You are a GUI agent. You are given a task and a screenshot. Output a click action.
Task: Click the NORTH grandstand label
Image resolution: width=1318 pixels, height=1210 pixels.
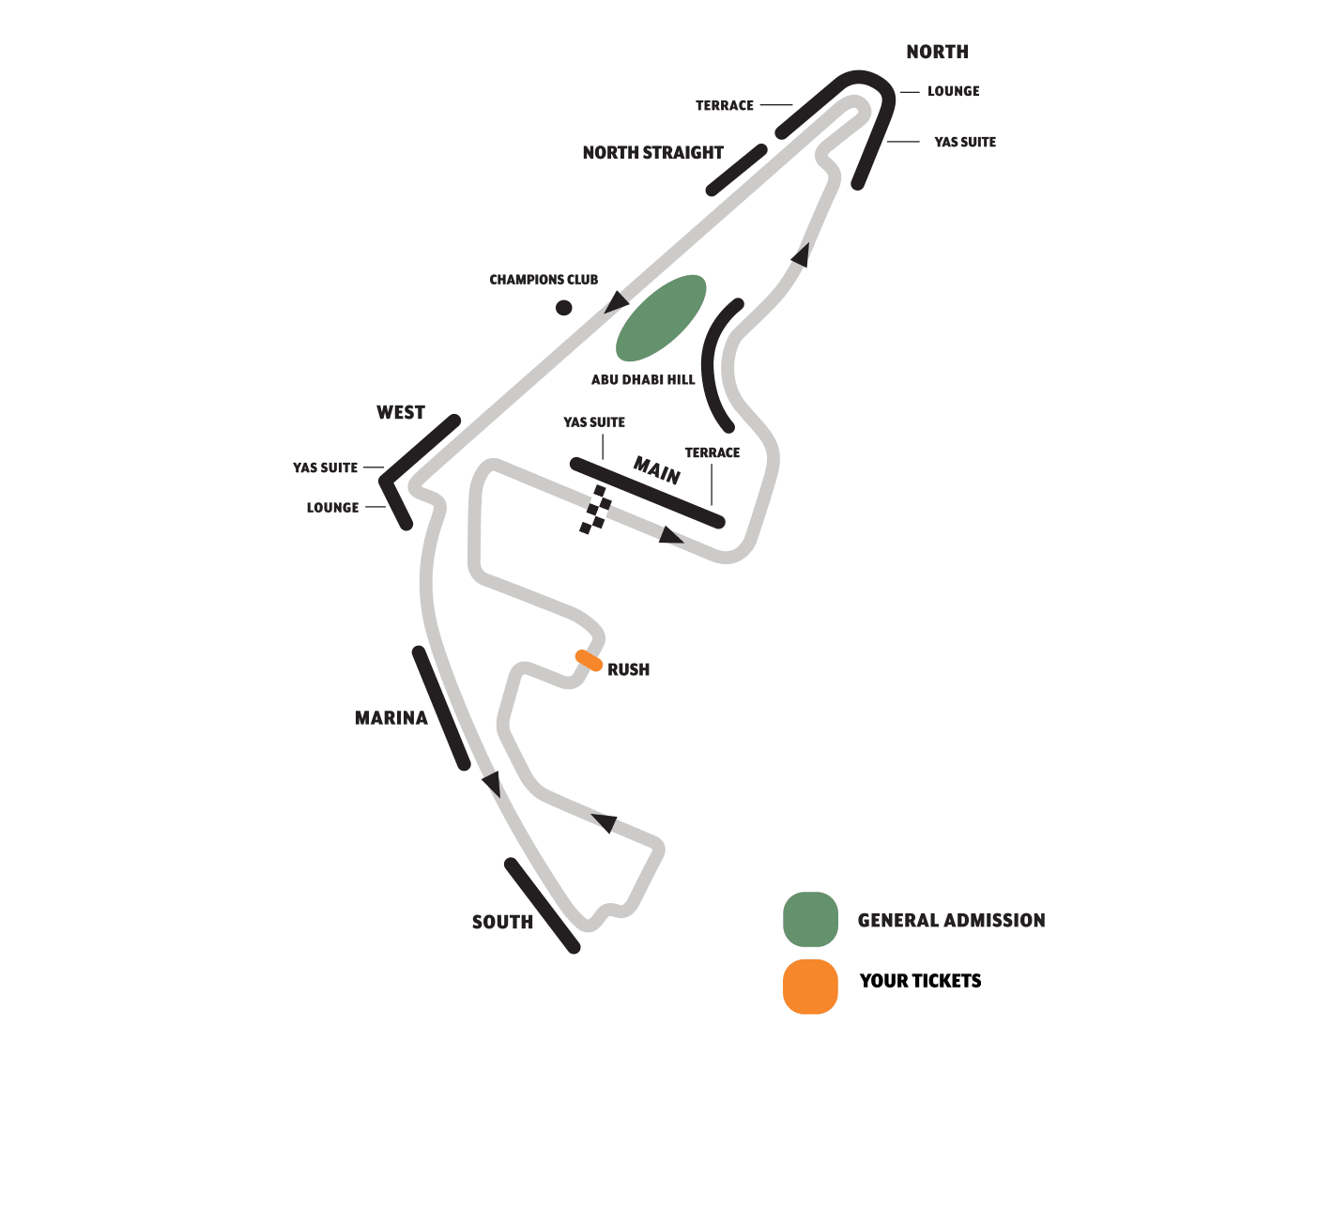[x=937, y=53]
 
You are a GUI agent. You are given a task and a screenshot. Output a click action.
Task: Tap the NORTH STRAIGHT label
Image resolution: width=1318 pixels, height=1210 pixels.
[x=652, y=153]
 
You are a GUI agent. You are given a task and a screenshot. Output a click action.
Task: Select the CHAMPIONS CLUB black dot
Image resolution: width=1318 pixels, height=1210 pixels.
[x=563, y=307]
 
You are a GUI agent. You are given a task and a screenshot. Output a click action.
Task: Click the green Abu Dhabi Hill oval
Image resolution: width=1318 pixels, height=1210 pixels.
[x=660, y=317]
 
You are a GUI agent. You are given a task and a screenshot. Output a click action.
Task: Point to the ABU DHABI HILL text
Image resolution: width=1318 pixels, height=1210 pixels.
[x=643, y=380]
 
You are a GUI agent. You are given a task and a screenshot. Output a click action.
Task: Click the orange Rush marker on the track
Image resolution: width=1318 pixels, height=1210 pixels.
[x=589, y=660]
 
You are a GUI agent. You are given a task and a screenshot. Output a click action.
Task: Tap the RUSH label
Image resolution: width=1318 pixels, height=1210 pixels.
[x=628, y=670]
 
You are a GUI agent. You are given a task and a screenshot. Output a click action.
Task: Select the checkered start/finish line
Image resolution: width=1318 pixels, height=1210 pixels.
[x=595, y=510]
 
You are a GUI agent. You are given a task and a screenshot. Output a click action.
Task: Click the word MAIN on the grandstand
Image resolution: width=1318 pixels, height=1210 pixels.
[x=656, y=469]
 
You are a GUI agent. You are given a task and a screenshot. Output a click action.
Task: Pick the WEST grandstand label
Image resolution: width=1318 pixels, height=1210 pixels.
[x=401, y=413]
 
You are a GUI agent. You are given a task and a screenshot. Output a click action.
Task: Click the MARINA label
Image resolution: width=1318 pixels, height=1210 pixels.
[x=391, y=718]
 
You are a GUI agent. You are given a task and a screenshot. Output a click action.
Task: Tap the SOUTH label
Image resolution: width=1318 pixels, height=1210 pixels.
[x=502, y=923]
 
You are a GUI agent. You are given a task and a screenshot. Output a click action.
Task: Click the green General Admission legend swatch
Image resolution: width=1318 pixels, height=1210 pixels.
[x=810, y=919]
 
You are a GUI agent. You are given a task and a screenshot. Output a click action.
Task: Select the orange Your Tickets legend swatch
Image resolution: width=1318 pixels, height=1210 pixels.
[x=810, y=987]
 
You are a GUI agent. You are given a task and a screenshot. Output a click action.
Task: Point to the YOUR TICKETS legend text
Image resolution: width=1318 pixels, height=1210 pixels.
[x=920, y=981]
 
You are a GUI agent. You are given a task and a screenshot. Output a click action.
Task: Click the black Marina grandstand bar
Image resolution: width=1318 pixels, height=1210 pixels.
[x=441, y=708]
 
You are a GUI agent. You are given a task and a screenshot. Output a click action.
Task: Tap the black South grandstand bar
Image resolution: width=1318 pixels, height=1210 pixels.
[x=542, y=905]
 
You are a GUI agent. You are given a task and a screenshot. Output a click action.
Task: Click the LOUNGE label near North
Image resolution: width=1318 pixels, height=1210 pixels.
[x=953, y=92]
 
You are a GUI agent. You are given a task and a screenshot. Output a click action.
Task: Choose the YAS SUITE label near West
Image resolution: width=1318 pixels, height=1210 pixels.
[x=325, y=467]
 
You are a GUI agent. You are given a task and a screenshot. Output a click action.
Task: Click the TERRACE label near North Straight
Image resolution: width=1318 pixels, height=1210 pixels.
[x=724, y=106]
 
